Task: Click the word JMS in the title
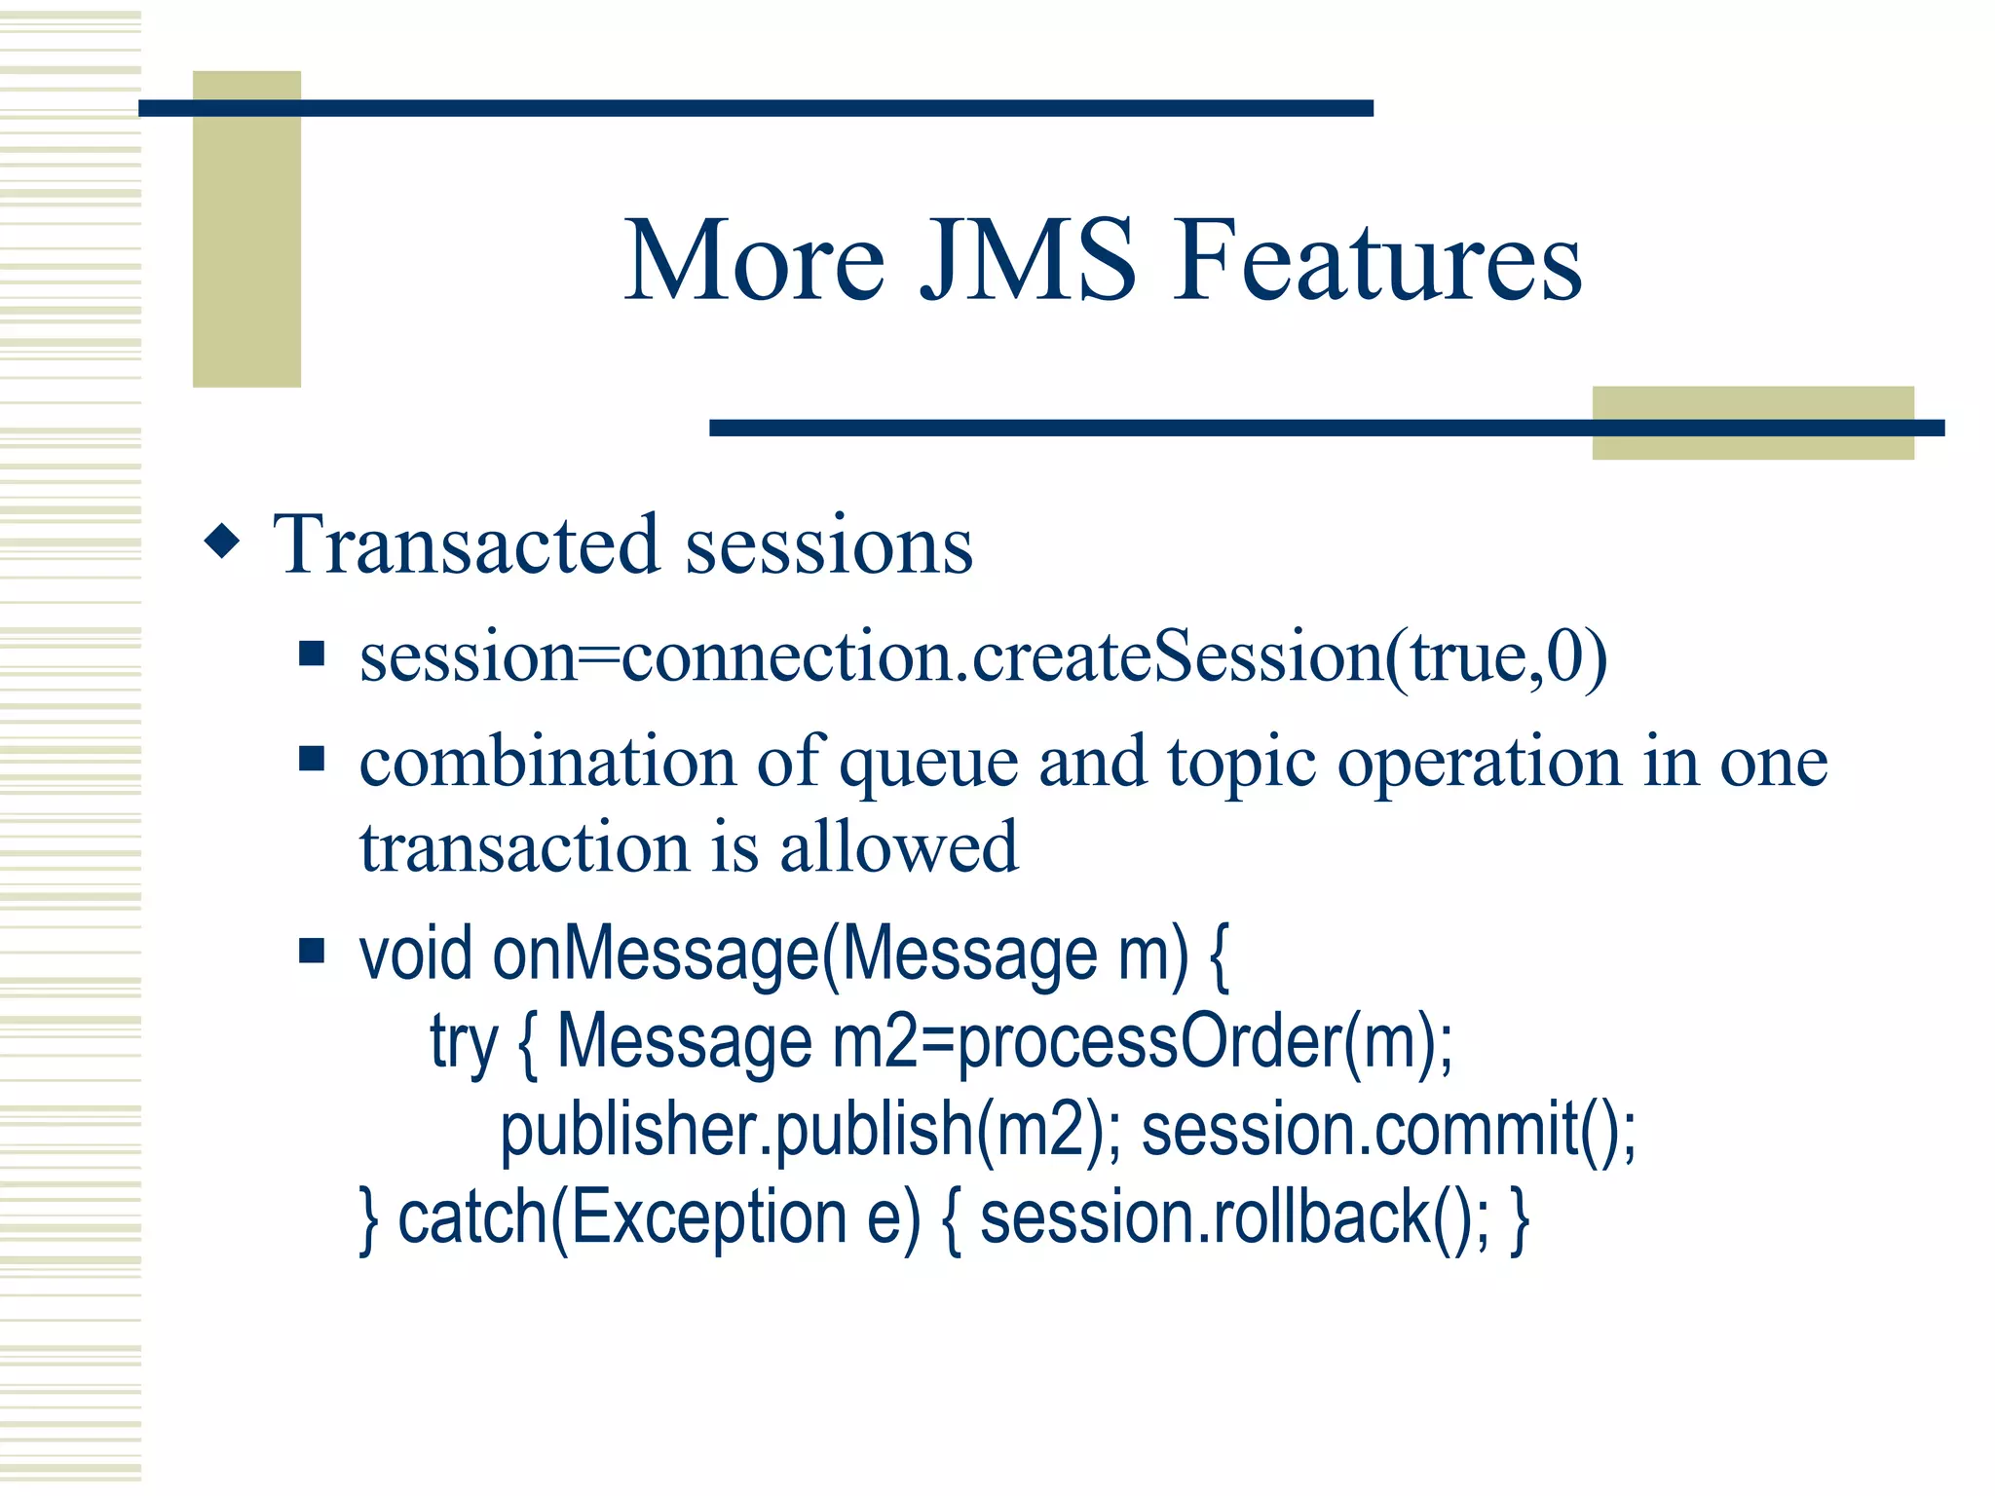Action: pyautogui.click(x=1028, y=261)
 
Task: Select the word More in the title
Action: pyautogui.click(x=754, y=261)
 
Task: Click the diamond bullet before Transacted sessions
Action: pyautogui.click(x=222, y=542)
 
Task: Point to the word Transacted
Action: pyautogui.click(x=467, y=545)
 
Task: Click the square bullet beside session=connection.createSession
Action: pyautogui.click(x=311, y=653)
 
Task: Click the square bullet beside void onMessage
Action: pyautogui.click(x=311, y=950)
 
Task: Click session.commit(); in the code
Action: pyautogui.click(x=1388, y=1130)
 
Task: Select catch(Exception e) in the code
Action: pyautogui.click(x=659, y=1217)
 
